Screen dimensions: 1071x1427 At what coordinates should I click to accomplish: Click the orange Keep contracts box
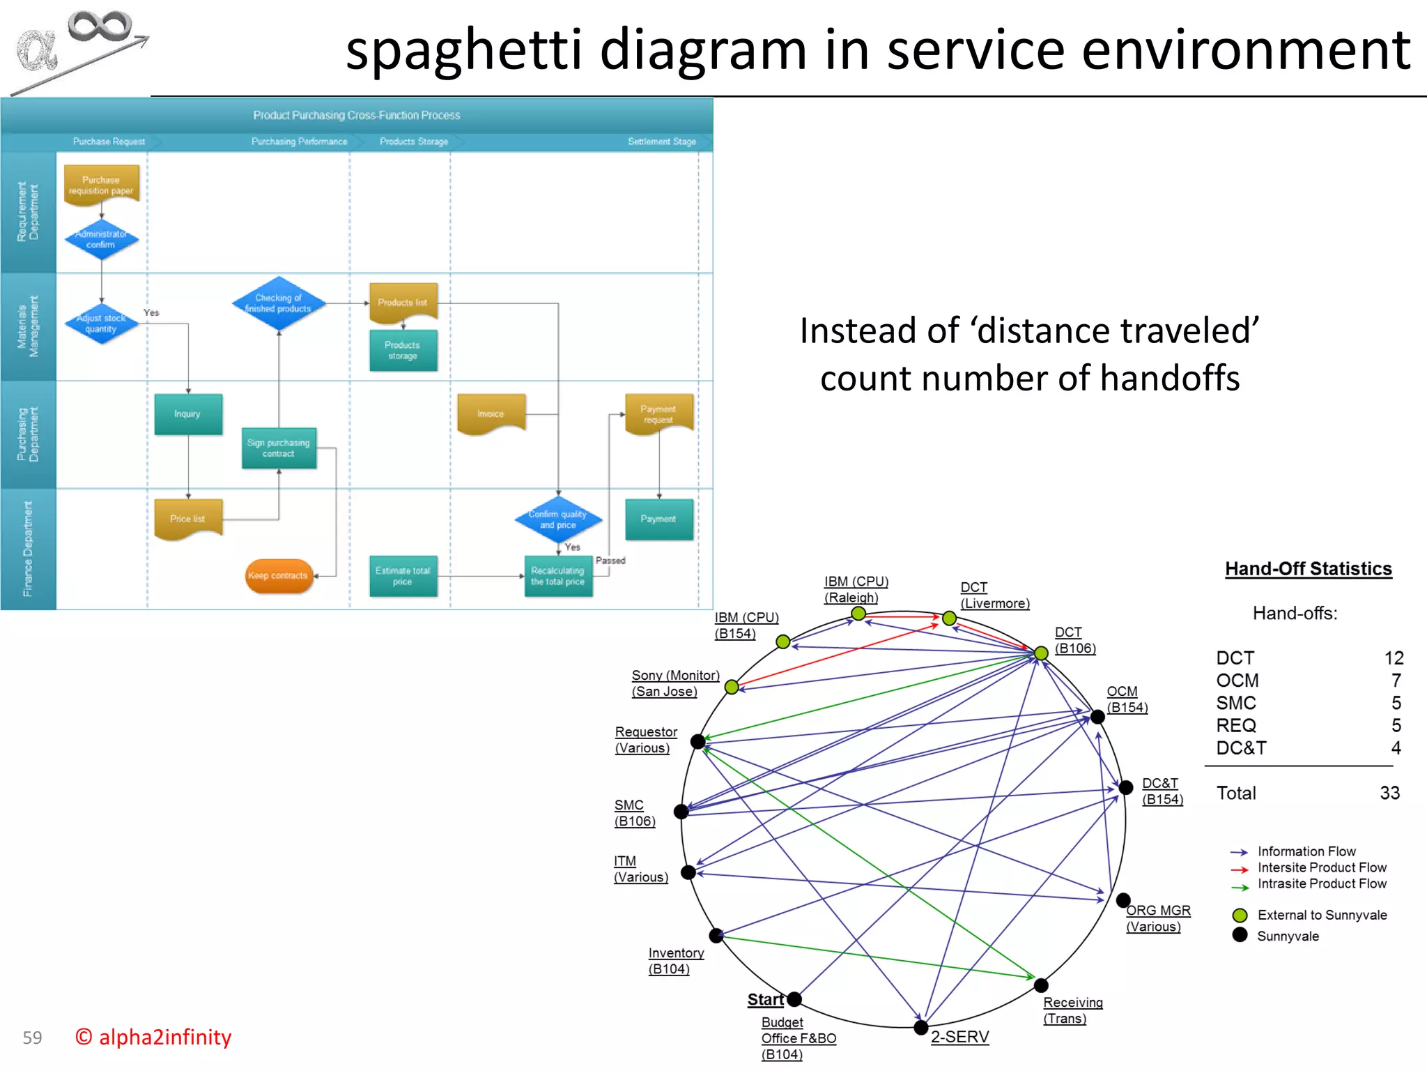coord(279,576)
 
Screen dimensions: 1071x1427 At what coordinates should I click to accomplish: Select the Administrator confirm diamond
coord(102,239)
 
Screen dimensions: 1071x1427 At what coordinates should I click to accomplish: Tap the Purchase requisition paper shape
coord(102,185)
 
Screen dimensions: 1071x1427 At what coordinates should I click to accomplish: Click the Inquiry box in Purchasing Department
coord(188,414)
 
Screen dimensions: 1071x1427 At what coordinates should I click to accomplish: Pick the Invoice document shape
coord(491,413)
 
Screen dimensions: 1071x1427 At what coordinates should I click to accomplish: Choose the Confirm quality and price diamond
coord(558,519)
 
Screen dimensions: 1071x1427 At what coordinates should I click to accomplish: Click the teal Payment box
coord(659,519)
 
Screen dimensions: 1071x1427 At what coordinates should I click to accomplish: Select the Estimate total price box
coord(403,576)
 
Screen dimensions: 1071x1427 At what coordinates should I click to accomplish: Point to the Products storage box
coord(403,350)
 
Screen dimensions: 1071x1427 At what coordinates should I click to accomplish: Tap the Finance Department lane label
coord(28,549)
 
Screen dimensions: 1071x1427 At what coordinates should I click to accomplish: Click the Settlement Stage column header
coord(661,142)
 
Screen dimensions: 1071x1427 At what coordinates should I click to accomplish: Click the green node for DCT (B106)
coord(1041,653)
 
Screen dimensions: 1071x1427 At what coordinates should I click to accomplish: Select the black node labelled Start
coord(794,999)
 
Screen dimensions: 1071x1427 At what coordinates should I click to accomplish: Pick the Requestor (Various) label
coord(645,740)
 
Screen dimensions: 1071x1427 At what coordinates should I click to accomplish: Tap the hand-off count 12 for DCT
coord(1394,658)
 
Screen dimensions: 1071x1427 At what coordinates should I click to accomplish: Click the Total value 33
coord(1389,793)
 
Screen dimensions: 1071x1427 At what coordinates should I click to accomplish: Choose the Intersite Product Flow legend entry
coord(1321,867)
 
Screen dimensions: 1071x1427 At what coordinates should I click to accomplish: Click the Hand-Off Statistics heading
coord(1308,569)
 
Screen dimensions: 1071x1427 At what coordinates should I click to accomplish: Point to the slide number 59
coord(32,1038)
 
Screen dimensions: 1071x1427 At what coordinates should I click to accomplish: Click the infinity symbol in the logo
coord(99,26)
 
